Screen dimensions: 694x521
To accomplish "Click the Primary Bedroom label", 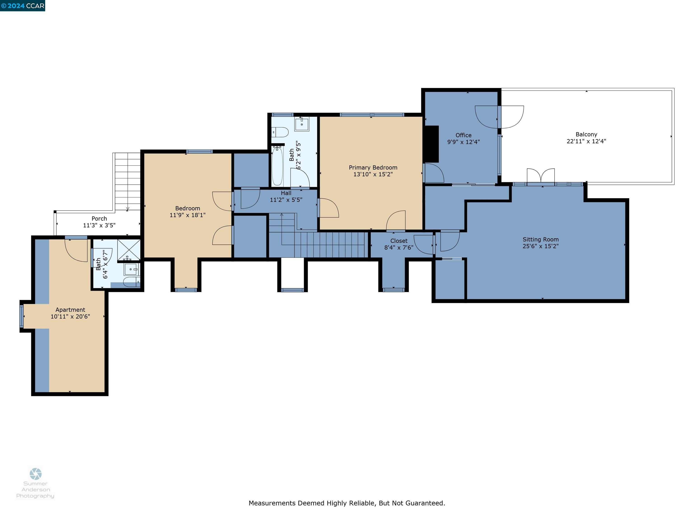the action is [x=373, y=167].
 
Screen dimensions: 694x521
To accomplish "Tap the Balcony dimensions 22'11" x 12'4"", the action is [x=586, y=141].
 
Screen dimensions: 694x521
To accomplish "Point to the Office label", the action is [x=463, y=135].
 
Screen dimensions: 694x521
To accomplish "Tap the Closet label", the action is [x=399, y=241].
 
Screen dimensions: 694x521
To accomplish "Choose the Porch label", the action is [x=99, y=219].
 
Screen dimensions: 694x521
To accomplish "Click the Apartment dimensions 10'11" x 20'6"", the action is [x=70, y=317].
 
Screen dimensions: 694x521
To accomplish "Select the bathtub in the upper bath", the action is [x=277, y=166].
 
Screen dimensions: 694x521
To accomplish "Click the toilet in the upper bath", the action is [x=280, y=132].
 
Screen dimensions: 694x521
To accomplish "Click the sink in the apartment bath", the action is [x=131, y=269].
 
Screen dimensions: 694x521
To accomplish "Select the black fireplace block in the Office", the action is [x=431, y=144].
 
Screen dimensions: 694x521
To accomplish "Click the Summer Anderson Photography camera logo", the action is [x=35, y=474].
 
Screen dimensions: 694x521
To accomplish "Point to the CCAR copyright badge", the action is [x=23, y=6].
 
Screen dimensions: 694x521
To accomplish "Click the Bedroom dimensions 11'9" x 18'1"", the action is [x=188, y=215].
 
